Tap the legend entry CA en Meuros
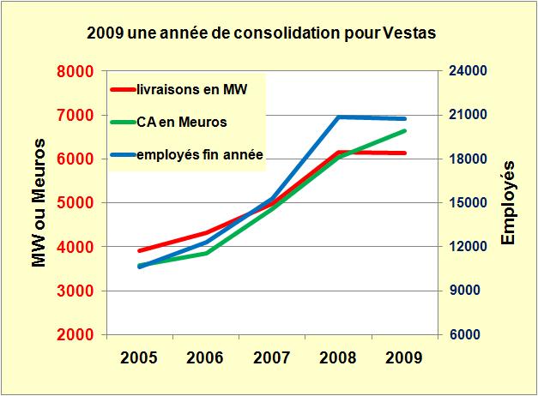(181, 122)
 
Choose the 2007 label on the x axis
(272, 358)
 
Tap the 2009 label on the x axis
(404, 358)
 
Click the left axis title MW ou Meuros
(39, 203)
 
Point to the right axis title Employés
(508, 203)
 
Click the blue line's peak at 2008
(338, 117)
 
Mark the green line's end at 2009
(405, 131)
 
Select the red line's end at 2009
(405, 153)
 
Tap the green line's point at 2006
(206, 253)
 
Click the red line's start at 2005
(140, 251)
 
